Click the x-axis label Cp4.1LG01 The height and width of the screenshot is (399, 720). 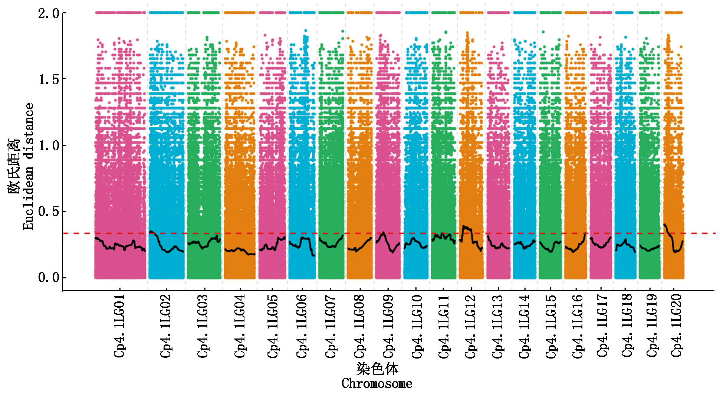click(x=119, y=326)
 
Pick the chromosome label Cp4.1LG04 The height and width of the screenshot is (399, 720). click(x=240, y=326)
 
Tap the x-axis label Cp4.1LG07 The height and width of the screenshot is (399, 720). click(x=331, y=326)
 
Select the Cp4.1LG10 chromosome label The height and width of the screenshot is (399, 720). click(x=417, y=326)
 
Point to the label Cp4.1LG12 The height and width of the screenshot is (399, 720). click(x=470, y=326)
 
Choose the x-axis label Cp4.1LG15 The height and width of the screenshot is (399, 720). click(x=551, y=326)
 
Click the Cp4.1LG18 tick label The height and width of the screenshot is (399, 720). click(x=627, y=326)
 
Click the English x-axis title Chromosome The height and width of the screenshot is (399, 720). click(x=377, y=383)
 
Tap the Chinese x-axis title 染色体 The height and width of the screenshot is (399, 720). click(x=377, y=369)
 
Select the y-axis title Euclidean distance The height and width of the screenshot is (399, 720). click(x=28, y=166)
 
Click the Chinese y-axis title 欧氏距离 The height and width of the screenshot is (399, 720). click(x=14, y=166)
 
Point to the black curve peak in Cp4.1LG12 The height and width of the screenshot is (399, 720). click(x=464, y=226)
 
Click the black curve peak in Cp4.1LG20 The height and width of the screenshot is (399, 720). click(x=665, y=225)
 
